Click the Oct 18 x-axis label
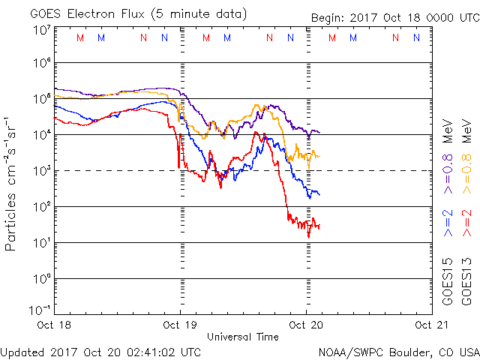[x=54, y=325]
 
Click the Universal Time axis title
[x=242, y=337]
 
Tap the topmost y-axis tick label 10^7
[x=42, y=28]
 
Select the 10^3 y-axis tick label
[x=42, y=170]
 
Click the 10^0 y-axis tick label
[x=42, y=278]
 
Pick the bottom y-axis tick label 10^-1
[x=40, y=309]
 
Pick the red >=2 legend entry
[x=466, y=223]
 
